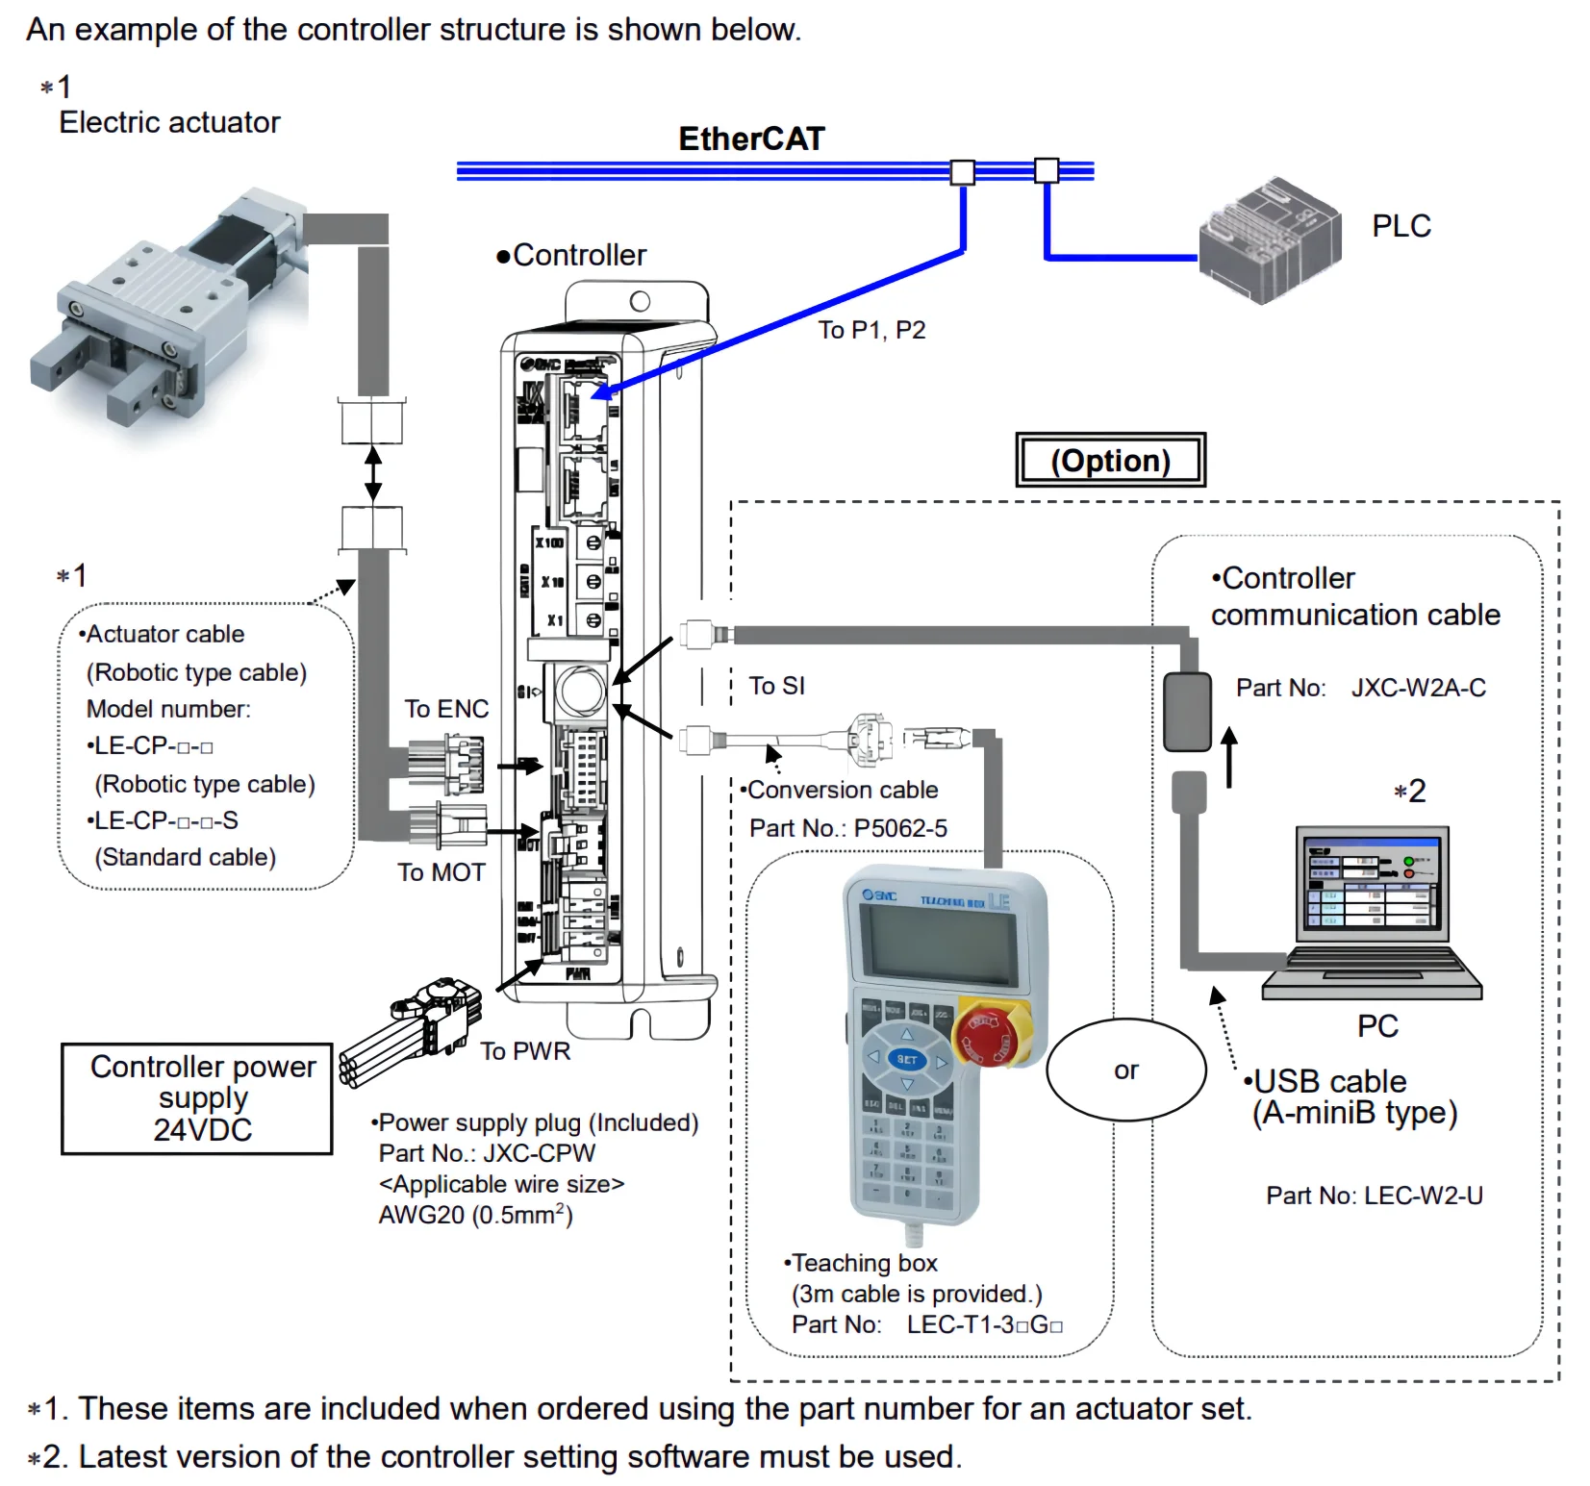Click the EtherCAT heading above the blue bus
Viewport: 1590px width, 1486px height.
click(x=751, y=139)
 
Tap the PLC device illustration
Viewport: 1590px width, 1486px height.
click(x=1269, y=239)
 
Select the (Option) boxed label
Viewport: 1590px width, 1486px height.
click(x=1110, y=461)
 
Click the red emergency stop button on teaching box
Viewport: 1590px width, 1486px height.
click(x=992, y=1035)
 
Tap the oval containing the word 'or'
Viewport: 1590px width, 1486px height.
click(x=1125, y=1070)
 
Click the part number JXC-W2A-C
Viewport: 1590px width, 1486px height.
click(x=1418, y=688)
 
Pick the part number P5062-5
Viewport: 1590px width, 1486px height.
click(x=900, y=828)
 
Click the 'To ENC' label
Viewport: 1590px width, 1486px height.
click(x=446, y=709)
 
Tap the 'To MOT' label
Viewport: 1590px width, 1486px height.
click(x=442, y=872)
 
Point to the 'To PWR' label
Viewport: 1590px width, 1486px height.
click(x=525, y=1051)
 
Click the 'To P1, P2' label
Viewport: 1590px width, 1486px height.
click(x=871, y=330)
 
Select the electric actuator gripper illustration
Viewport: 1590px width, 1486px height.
click(x=164, y=308)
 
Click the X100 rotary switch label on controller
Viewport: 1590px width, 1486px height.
click(x=550, y=543)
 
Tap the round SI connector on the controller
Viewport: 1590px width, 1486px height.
click(x=581, y=691)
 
